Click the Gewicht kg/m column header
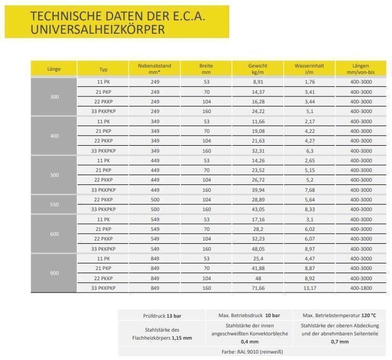(x=258, y=69)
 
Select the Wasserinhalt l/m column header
(x=309, y=69)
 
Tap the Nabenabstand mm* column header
(x=155, y=69)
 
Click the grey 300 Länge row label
(x=54, y=96)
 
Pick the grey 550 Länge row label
(x=54, y=204)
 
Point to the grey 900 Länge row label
(x=54, y=273)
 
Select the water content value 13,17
(x=309, y=288)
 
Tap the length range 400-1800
(x=361, y=288)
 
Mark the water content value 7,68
(x=309, y=190)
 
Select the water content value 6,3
(x=309, y=151)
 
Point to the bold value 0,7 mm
(x=339, y=341)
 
